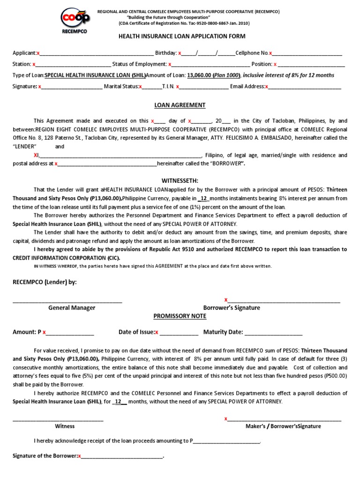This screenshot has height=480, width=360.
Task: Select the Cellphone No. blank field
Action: click(307, 53)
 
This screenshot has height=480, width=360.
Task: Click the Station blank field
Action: click(73, 64)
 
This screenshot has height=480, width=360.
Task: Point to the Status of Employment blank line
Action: click(211, 64)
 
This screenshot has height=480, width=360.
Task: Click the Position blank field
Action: click(312, 64)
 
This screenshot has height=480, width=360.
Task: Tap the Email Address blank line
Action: click(305, 87)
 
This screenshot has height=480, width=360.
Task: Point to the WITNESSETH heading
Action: click(180, 180)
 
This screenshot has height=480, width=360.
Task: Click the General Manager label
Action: click(72, 308)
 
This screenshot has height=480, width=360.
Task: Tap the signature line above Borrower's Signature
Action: click(284, 300)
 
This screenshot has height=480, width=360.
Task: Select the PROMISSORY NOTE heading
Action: click(180, 316)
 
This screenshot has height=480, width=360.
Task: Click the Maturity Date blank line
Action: click(273, 333)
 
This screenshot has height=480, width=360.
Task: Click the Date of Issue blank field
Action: click(179, 333)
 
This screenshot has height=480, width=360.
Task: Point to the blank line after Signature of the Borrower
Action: click(122, 456)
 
